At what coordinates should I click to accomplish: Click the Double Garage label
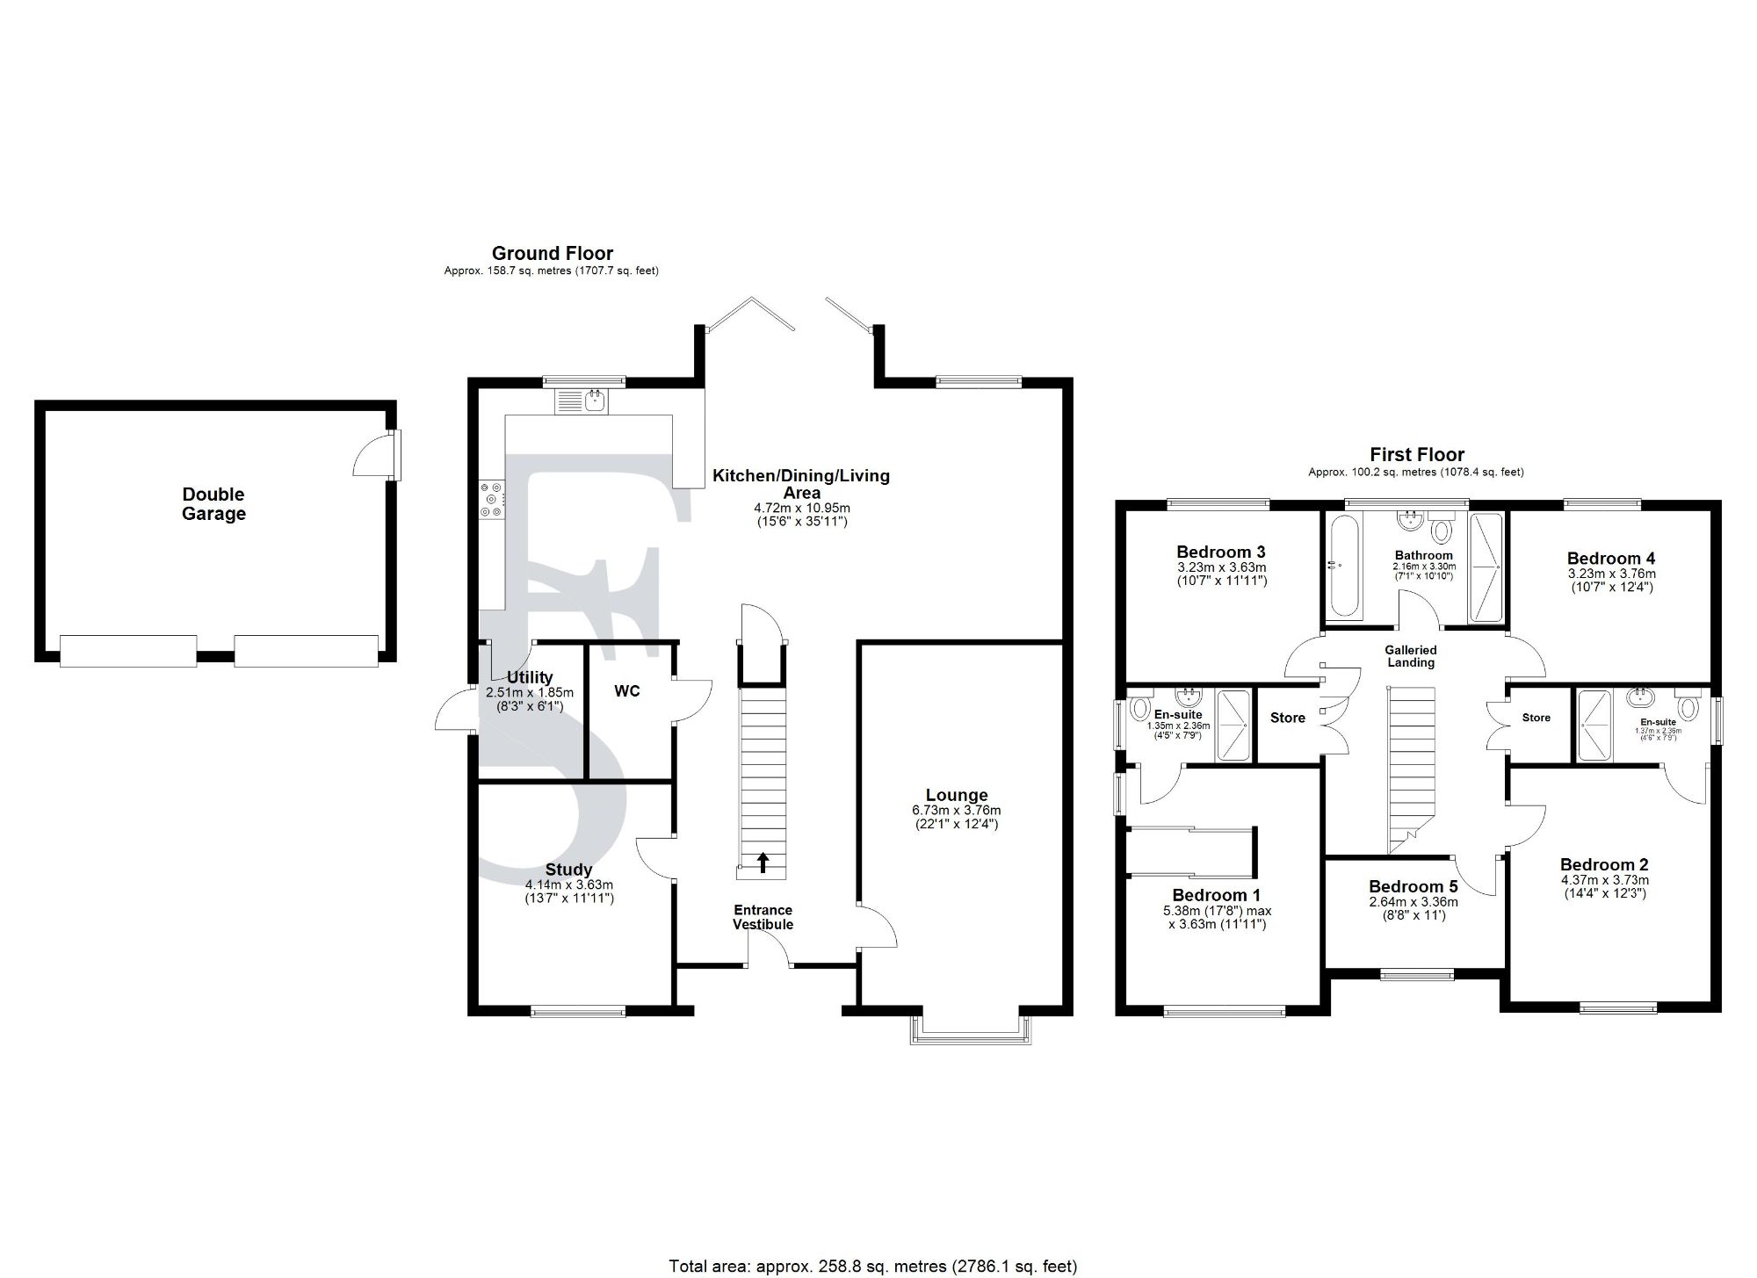point(213,504)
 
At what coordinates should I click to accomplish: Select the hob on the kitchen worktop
point(491,498)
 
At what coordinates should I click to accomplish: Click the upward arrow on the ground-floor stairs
point(763,863)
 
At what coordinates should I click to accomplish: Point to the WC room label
point(627,691)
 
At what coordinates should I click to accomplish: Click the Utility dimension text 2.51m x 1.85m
point(530,692)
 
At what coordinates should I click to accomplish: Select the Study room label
point(568,870)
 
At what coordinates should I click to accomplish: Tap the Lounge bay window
point(970,1030)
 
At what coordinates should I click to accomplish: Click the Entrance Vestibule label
point(763,917)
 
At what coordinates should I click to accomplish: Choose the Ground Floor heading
point(552,254)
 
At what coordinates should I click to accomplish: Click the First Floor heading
point(1417,454)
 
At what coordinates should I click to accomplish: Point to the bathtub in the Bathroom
point(1344,567)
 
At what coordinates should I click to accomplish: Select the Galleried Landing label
point(1411,656)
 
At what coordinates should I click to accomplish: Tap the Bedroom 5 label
point(1413,886)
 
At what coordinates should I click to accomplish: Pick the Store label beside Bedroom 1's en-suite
point(1287,718)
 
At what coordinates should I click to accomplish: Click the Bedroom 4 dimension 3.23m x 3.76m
point(1611,574)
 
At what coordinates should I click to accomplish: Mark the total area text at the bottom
point(872,1266)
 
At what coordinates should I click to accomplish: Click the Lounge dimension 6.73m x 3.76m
point(956,810)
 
